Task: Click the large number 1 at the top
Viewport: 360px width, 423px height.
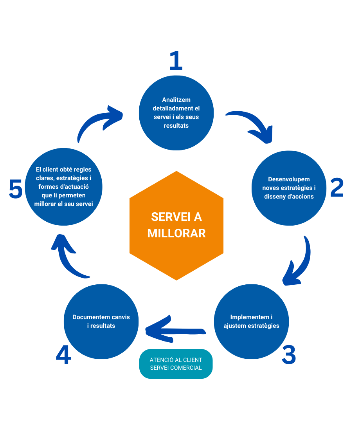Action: (x=176, y=61)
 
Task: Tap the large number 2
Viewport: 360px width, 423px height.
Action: (x=337, y=188)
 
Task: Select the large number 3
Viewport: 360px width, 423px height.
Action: (x=289, y=354)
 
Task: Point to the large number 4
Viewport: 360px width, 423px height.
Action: (x=63, y=355)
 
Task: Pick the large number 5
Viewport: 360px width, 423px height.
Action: (x=15, y=190)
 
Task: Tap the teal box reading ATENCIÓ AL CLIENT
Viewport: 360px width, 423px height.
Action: (x=176, y=363)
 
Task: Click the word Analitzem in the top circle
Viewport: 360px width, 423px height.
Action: (x=176, y=100)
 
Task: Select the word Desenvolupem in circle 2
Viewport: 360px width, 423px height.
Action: (x=289, y=179)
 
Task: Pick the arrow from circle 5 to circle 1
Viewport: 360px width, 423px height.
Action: (x=98, y=121)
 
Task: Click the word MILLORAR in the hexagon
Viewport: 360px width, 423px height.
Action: (x=176, y=233)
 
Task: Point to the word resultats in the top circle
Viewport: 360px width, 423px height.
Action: (x=176, y=126)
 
